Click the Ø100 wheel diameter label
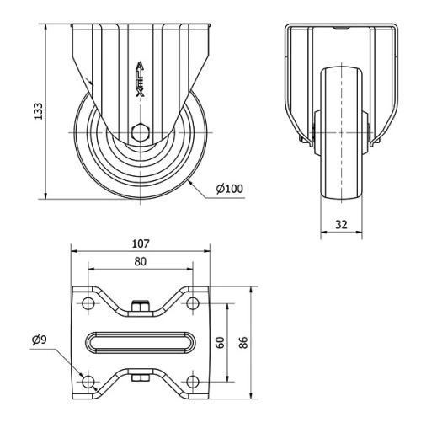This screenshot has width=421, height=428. click(x=229, y=188)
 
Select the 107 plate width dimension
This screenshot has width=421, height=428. click(x=140, y=243)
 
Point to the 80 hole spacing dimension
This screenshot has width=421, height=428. click(x=140, y=261)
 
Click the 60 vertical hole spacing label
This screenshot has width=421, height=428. click(x=221, y=343)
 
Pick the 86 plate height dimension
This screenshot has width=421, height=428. click(x=244, y=343)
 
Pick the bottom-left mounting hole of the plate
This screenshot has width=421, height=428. click(x=87, y=383)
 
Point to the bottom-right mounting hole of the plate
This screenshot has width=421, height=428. click(x=193, y=383)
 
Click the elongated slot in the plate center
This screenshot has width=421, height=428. click(x=140, y=343)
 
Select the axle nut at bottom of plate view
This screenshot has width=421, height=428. click(x=140, y=378)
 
